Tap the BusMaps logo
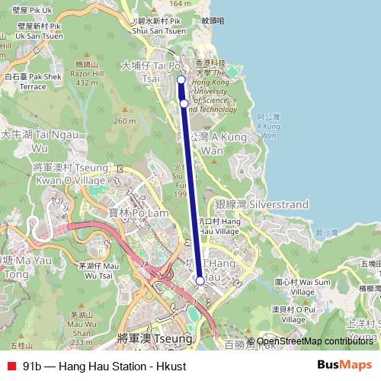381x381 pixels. click(x=344, y=366)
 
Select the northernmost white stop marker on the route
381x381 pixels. click(x=181, y=79)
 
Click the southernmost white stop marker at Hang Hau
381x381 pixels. click(x=200, y=280)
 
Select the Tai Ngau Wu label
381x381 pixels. click(x=27, y=140)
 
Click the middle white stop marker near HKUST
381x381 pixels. click(x=184, y=103)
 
